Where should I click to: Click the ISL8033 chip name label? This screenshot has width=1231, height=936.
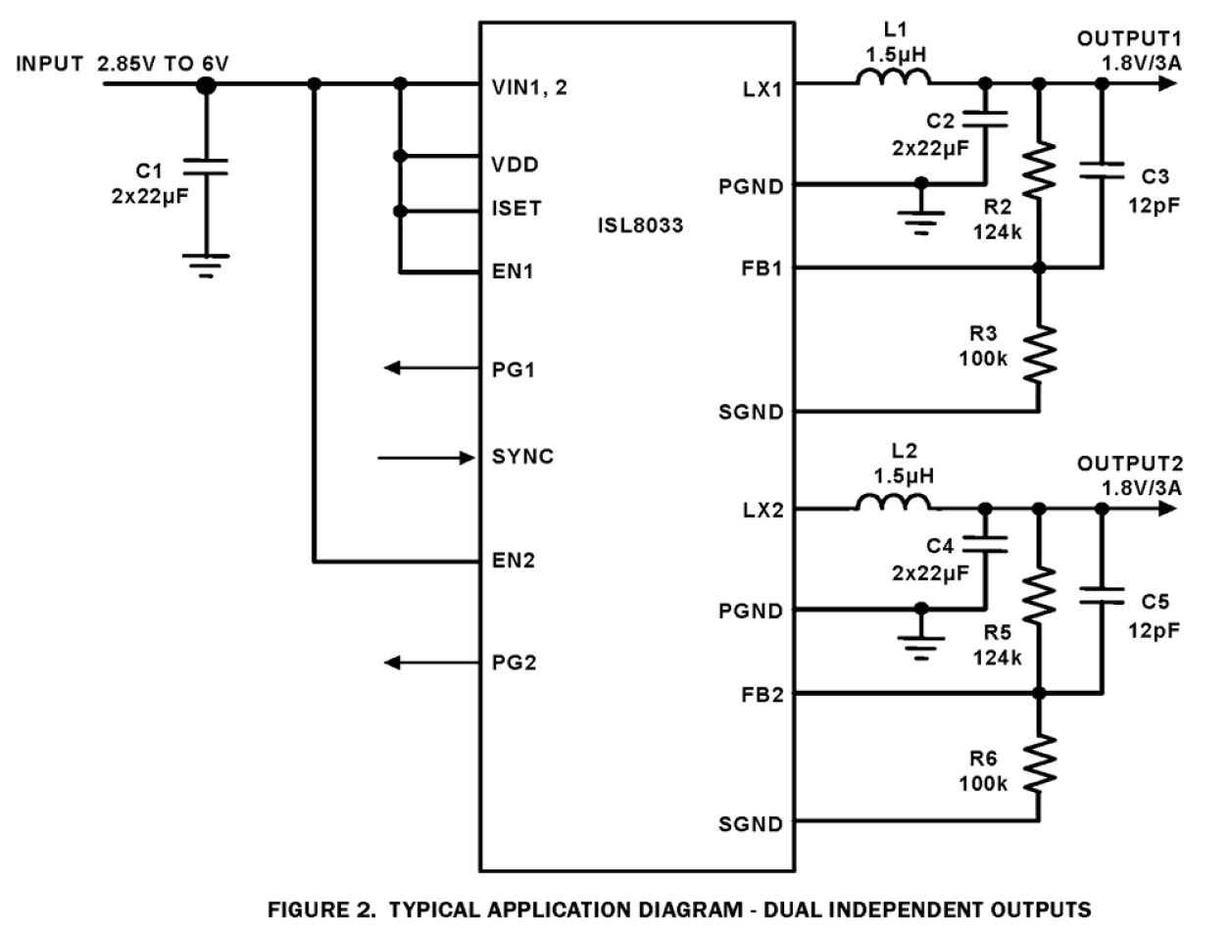[640, 225]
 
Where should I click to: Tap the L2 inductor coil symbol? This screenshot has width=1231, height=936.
[893, 503]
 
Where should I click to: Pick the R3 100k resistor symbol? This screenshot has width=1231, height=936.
[1040, 354]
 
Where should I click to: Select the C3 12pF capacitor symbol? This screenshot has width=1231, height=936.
[1102, 172]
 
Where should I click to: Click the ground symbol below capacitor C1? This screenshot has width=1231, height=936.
[205, 264]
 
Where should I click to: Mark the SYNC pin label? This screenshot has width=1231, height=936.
[522, 457]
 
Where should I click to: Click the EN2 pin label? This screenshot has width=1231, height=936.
[514, 562]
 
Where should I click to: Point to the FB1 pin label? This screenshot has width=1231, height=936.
[762, 268]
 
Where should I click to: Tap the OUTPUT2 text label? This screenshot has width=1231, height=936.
[1129, 464]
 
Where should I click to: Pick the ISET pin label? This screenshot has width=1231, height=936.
[517, 208]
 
